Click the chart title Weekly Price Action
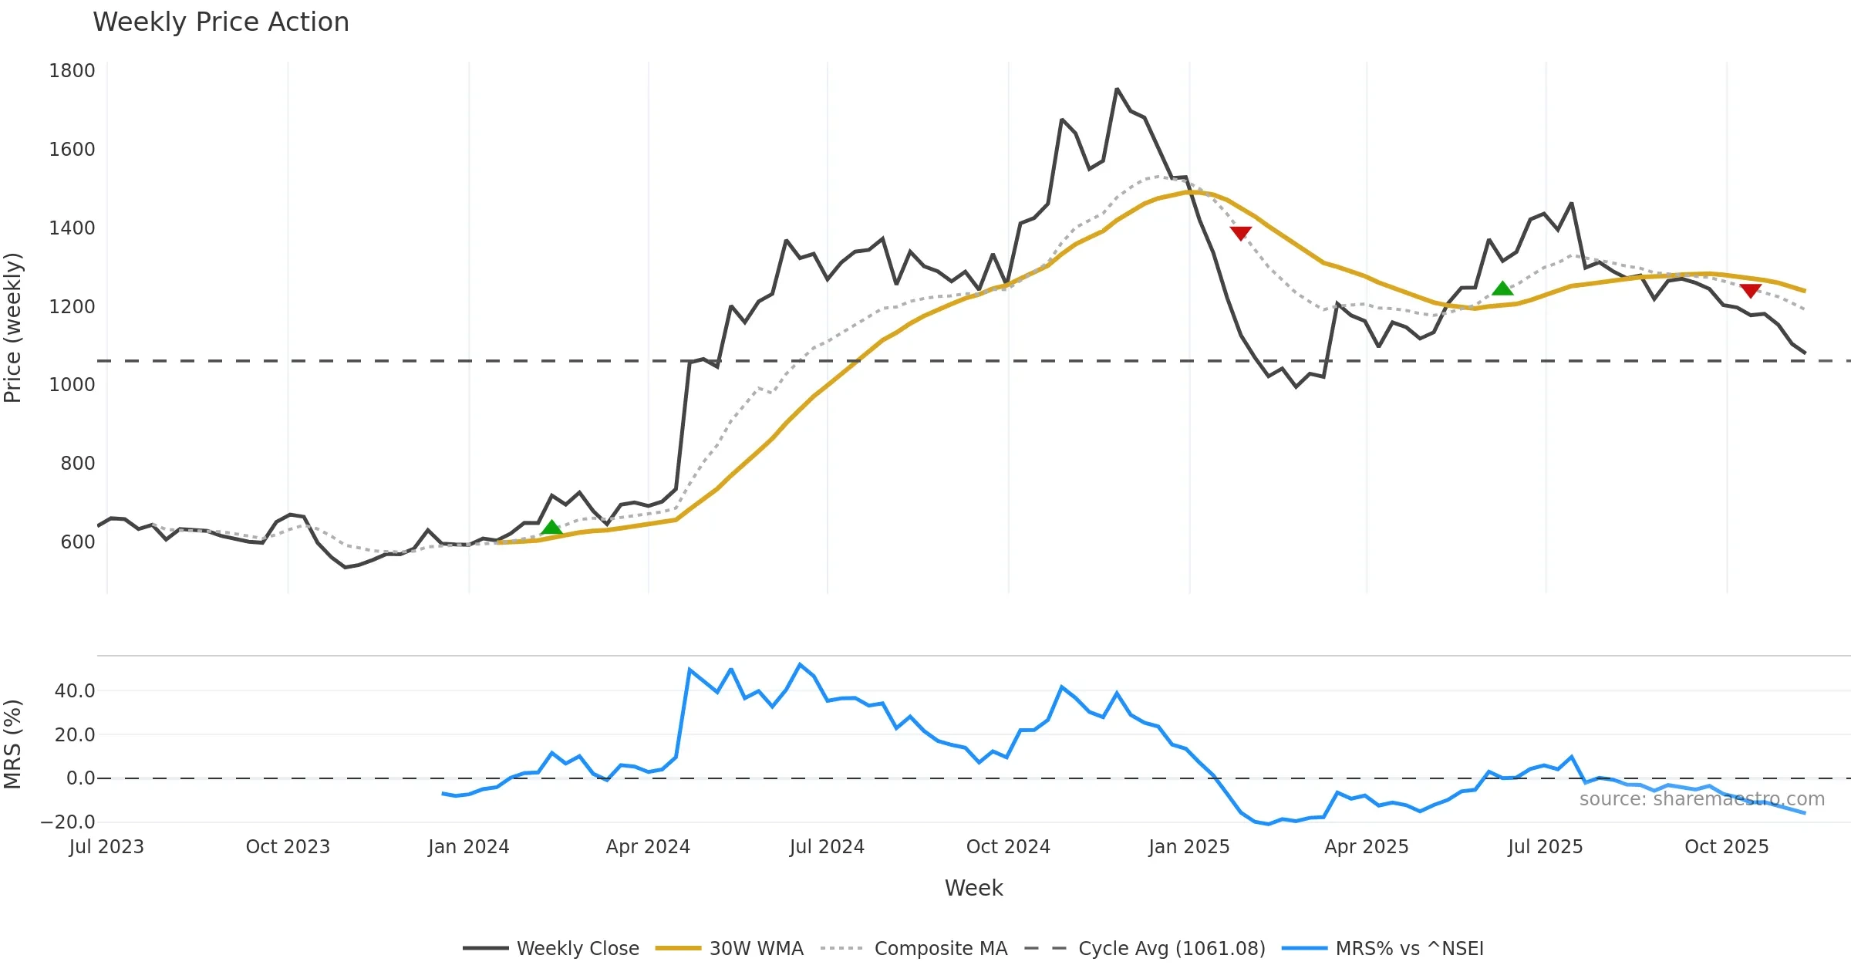[x=221, y=22]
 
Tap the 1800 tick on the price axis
[x=72, y=71]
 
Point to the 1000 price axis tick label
[x=72, y=385]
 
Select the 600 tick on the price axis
[x=77, y=542]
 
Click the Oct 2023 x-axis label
[x=288, y=847]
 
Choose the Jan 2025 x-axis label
[x=1188, y=847]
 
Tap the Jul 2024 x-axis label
[x=827, y=847]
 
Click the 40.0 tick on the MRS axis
[x=75, y=691]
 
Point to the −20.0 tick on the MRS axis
[x=68, y=822]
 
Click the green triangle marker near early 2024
[x=551, y=528]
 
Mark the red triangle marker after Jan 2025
[x=1241, y=233]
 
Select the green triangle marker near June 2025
[x=1502, y=289]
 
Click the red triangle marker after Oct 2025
[x=1751, y=291]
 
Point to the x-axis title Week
[x=973, y=889]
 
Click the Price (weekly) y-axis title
[x=13, y=328]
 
